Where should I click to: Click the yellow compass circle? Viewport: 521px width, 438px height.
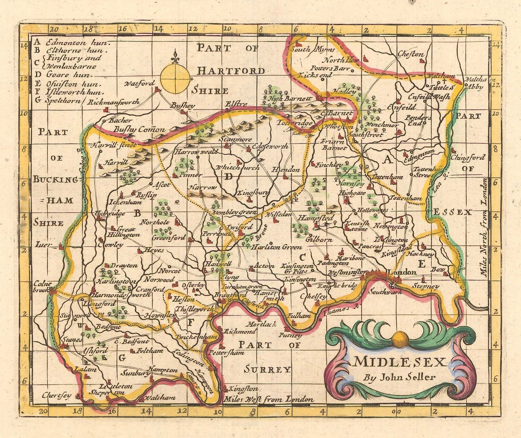pyautogui.click(x=176, y=78)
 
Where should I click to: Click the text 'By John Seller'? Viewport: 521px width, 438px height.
pyautogui.click(x=400, y=378)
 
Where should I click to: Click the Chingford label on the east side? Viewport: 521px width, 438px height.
pyautogui.click(x=468, y=158)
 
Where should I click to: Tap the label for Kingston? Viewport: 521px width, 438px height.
pyautogui.click(x=244, y=389)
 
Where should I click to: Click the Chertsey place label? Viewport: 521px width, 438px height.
pyautogui.click(x=57, y=395)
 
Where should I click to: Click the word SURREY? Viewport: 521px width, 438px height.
pyautogui.click(x=268, y=369)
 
